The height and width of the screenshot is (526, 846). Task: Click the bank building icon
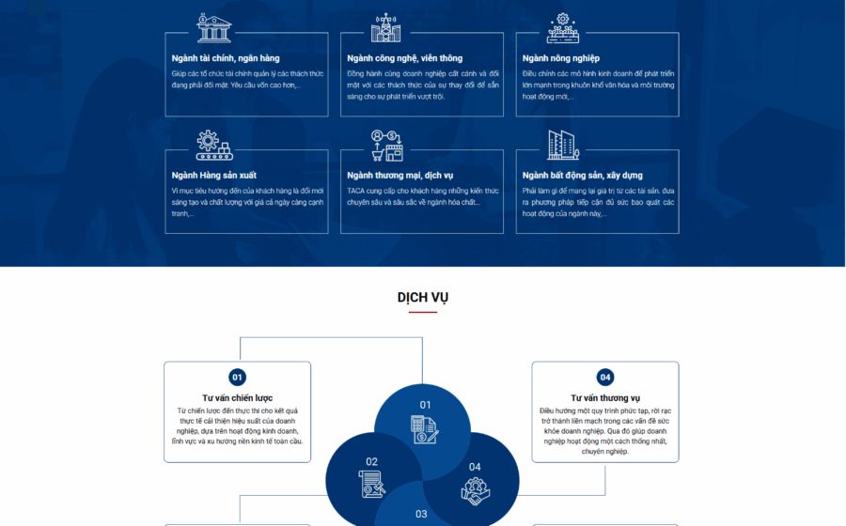(x=214, y=28)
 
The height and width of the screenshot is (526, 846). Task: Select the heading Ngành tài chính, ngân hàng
(x=226, y=58)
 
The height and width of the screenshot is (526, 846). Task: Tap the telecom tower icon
(x=385, y=28)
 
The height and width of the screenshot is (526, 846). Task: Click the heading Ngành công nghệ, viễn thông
(x=404, y=58)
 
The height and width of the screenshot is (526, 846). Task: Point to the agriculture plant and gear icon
(x=563, y=28)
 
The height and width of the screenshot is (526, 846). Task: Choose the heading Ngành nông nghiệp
(x=560, y=58)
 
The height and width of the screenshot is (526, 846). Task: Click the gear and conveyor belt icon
(x=214, y=146)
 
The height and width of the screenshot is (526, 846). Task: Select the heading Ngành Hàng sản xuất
(x=213, y=175)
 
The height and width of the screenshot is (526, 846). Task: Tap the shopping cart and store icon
(x=387, y=146)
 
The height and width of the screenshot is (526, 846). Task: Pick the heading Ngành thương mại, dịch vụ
(x=399, y=175)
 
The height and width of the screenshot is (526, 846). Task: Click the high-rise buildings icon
(x=563, y=145)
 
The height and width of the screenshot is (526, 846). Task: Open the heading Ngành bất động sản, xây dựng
(x=582, y=175)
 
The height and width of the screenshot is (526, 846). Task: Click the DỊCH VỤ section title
(x=422, y=298)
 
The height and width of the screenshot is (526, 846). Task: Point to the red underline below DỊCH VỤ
(x=422, y=312)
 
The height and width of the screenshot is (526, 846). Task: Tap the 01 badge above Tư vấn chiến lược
(x=238, y=378)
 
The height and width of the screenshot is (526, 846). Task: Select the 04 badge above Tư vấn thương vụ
(x=605, y=378)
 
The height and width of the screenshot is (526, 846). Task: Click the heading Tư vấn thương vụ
(x=605, y=397)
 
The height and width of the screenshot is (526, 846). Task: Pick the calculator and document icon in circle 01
(x=425, y=429)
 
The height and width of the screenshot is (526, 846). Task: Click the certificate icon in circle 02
(x=371, y=484)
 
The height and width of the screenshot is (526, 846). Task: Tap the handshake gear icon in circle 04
(x=476, y=491)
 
